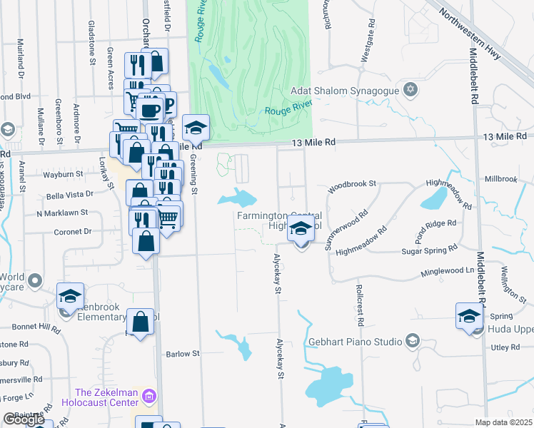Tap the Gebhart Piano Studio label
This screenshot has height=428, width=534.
pyautogui.click(x=355, y=342)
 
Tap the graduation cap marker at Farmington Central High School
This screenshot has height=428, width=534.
pyautogui.click(x=301, y=230)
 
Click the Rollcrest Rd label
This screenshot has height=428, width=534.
pyautogui.click(x=360, y=306)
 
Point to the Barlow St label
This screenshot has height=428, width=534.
pyautogui.click(x=182, y=354)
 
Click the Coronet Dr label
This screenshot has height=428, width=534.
pyautogui.click(x=74, y=232)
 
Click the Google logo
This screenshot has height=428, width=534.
pyautogui.click(x=24, y=419)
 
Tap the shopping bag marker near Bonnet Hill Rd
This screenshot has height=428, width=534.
pyautogui.click(x=141, y=322)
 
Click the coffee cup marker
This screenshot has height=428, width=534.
pyautogui.click(x=150, y=111)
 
